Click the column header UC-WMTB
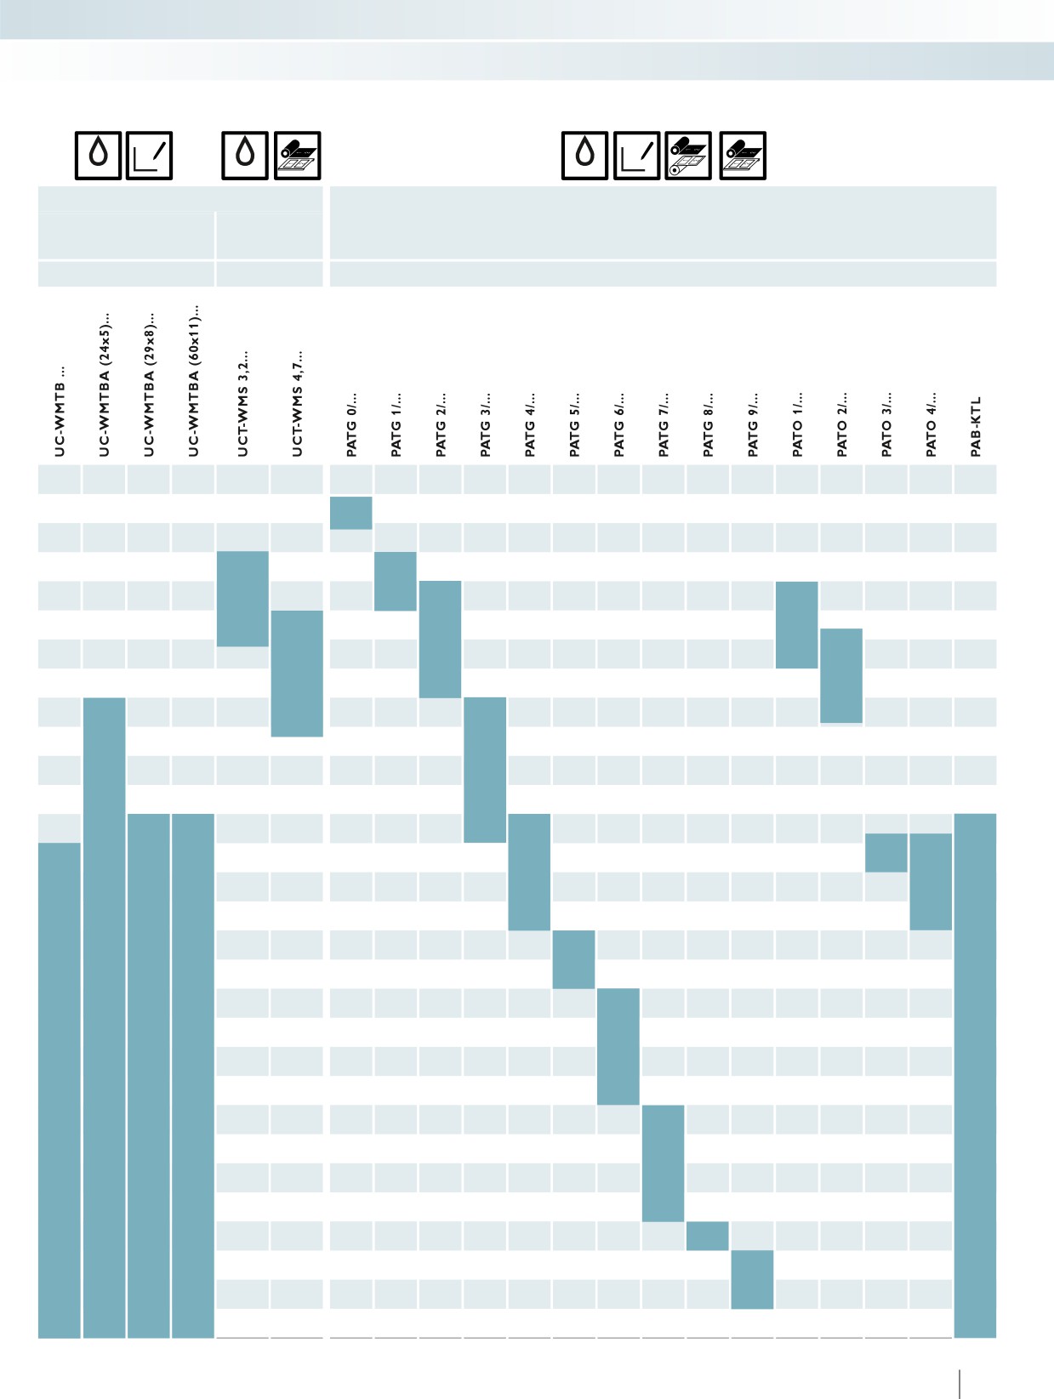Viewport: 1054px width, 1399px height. click(x=60, y=412)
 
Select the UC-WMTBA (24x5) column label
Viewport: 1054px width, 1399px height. click(x=105, y=385)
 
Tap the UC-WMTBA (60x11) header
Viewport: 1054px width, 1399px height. click(x=194, y=380)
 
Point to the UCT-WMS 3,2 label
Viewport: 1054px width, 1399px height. click(x=242, y=403)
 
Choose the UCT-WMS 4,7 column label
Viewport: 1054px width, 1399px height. click(x=297, y=403)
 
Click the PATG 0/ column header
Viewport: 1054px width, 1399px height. click(x=351, y=424)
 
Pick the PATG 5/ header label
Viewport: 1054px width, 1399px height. click(x=574, y=424)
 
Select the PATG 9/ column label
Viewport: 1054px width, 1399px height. click(x=753, y=424)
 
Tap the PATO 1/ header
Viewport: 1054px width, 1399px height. click(x=797, y=424)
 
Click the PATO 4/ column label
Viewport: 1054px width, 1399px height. click(x=931, y=424)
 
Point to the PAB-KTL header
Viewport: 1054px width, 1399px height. click(x=976, y=426)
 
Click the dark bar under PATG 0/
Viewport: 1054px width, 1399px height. click(x=351, y=513)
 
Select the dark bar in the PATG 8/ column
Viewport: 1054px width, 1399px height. click(x=707, y=1236)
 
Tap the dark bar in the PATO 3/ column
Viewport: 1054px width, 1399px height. click(x=886, y=853)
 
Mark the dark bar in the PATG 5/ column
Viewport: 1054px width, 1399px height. click(x=573, y=959)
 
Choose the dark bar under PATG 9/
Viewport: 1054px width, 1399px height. click(x=752, y=1280)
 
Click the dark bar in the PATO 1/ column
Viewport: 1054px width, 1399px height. click(x=796, y=624)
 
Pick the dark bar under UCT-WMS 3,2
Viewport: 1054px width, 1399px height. click(x=242, y=599)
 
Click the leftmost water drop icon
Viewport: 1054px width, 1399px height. click(x=98, y=156)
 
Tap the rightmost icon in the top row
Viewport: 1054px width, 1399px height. click(x=743, y=156)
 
